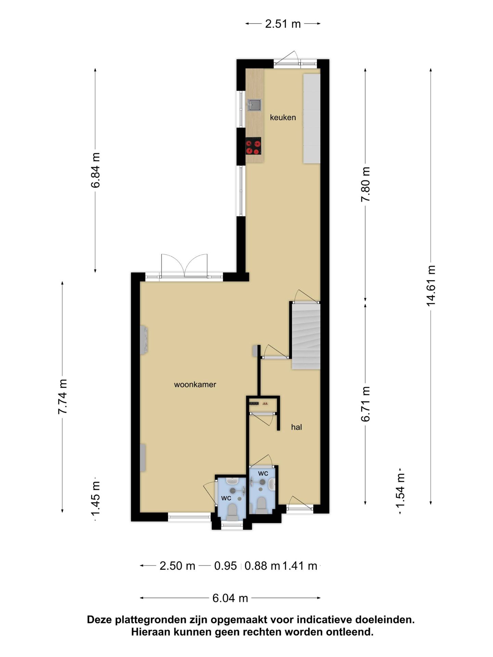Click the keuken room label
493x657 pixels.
pyautogui.click(x=283, y=117)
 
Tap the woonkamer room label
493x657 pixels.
pyautogui.click(x=195, y=384)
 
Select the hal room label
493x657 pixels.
pyautogui.click(x=296, y=427)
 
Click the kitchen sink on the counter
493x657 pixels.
pyautogui.click(x=254, y=105)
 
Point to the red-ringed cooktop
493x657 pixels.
pyautogui.click(x=253, y=146)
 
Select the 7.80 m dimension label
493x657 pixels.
pyautogui.click(x=365, y=185)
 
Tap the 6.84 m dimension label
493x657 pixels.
pyautogui.click(x=95, y=170)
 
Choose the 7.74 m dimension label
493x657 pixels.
pyautogui.click(x=62, y=397)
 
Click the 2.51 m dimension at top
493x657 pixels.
pyautogui.click(x=283, y=24)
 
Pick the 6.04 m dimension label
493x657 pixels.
pyautogui.click(x=230, y=598)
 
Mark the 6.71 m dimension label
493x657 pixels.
pyautogui.click(x=365, y=404)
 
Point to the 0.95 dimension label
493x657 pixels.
pyautogui.click(x=225, y=566)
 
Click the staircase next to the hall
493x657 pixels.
pyautogui.click(x=306, y=336)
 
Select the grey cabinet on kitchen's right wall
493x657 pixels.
pyautogui.click(x=312, y=118)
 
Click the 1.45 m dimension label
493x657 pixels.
pyautogui.click(x=95, y=498)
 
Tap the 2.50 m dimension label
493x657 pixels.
pyautogui.click(x=177, y=566)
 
